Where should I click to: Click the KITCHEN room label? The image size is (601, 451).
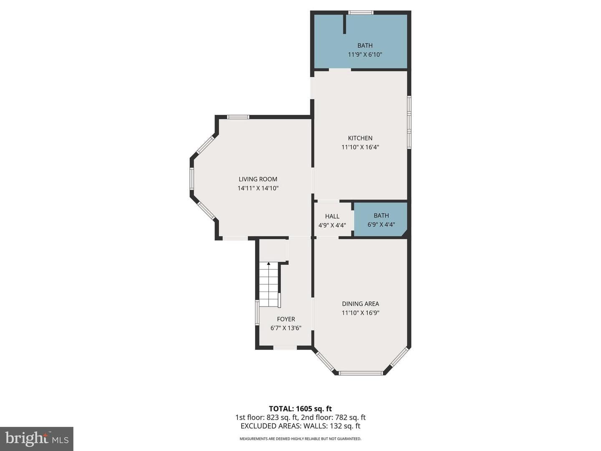[360, 138]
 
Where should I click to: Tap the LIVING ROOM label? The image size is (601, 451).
[258, 179]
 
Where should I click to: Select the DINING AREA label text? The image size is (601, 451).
[360, 304]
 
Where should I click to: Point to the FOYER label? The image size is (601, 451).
[286, 319]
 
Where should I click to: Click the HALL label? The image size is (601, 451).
[332, 216]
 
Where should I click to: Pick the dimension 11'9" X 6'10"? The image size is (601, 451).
[365, 54]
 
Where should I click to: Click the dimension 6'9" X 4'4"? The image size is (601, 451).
[381, 225]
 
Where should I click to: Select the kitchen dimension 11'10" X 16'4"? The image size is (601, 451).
[360, 147]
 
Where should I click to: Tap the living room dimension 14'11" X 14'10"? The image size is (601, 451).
[258, 188]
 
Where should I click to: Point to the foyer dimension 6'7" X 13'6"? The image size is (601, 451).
[286, 328]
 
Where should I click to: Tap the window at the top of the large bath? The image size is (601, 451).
[361, 13]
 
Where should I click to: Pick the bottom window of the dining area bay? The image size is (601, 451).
[360, 372]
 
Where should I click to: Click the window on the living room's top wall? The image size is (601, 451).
[238, 117]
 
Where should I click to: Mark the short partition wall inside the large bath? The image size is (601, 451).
[345, 24]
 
